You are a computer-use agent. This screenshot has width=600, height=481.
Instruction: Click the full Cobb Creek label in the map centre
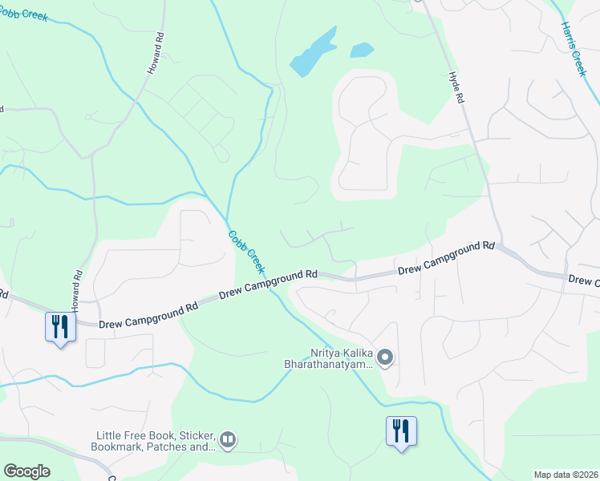click(x=246, y=249)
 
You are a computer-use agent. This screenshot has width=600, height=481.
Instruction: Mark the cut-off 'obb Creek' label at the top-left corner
click(x=25, y=15)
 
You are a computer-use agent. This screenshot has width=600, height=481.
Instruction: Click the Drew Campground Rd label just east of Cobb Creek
click(x=268, y=282)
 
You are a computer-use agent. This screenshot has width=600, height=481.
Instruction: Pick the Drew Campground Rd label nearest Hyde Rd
click(x=446, y=259)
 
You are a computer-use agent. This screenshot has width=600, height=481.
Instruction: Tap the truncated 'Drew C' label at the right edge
click(x=583, y=281)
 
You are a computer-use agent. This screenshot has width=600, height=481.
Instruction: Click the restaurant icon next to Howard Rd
click(x=59, y=327)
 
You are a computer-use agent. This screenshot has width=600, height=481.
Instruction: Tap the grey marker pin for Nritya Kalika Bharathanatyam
click(x=385, y=358)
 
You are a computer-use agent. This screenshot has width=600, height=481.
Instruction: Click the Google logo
click(x=26, y=471)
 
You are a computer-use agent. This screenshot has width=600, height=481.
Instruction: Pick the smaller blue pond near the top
click(x=362, y=50)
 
